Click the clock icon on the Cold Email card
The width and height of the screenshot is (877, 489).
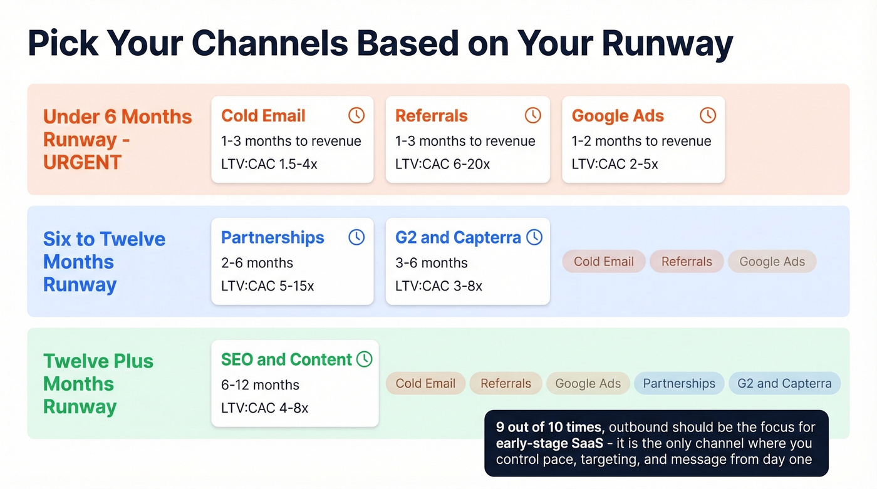coord(356,115)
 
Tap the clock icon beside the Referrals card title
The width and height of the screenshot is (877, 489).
coord(532,115)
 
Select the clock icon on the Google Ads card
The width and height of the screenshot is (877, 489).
coord(707,115)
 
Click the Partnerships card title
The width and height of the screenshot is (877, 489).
coord(272,238)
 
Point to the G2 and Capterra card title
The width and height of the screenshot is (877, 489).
coord(458,238)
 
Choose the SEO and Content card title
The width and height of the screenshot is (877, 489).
coord(286,359)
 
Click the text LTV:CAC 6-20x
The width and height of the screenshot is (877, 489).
coord(442,164)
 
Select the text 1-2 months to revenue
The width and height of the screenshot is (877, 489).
coord(641,141)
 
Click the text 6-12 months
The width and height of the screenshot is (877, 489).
coord(260,384)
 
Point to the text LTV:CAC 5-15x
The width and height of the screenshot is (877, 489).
coord(267,286)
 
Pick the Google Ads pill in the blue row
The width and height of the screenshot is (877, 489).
coord(772,262)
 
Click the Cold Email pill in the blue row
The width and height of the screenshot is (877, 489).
coord(604,262)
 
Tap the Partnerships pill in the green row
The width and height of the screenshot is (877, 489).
coord(679,384)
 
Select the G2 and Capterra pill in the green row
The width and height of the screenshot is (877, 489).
coord(784,384)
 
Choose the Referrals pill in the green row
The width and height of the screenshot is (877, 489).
coord(506,384)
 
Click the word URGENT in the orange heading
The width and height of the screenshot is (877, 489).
coord(82,162)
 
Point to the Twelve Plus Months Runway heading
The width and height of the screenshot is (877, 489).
coord(98,384)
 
